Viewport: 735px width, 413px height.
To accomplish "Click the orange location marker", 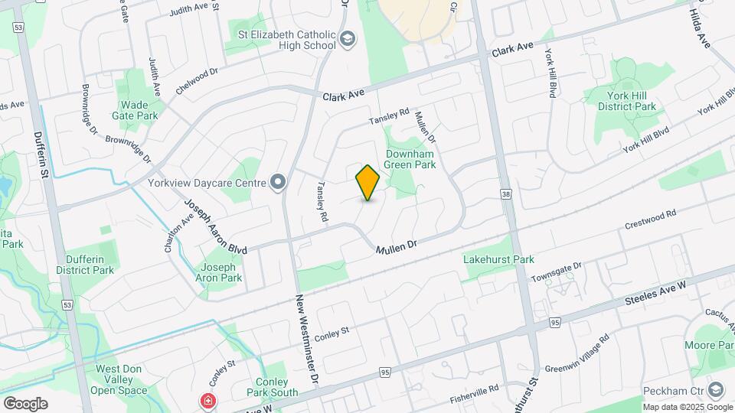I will (x=368, y=183).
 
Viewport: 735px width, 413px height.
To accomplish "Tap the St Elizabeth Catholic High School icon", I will (x=348, y=39).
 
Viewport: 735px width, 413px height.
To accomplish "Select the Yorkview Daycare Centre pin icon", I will (x=278, y=182).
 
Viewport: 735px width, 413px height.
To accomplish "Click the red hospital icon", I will (x=206, y=401).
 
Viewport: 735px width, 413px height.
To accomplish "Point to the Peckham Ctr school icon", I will (x=716, y=390).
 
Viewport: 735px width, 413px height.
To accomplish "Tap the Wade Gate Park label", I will (x=138, y=110).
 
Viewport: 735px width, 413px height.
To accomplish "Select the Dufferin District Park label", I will (x=84, y=265).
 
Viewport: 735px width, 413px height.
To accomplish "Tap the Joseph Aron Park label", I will (x=221, y=272).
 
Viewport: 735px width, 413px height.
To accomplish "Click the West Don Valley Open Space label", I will (x=119, y=379).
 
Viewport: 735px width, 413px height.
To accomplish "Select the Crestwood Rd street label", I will (x=651, y=220).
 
